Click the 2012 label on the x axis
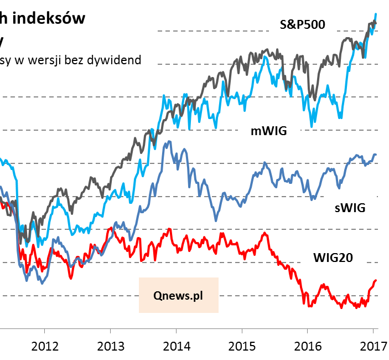45,346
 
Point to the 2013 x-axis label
111,346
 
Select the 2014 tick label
176,346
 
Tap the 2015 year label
241,346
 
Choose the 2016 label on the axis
307,346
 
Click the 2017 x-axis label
372,346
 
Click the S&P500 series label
302,24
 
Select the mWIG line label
272,131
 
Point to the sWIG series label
350,209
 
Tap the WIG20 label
333,257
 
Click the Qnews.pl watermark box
179,295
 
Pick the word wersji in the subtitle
42,59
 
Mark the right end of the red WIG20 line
376,280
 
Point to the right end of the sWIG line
376,155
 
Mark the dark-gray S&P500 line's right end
376,22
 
